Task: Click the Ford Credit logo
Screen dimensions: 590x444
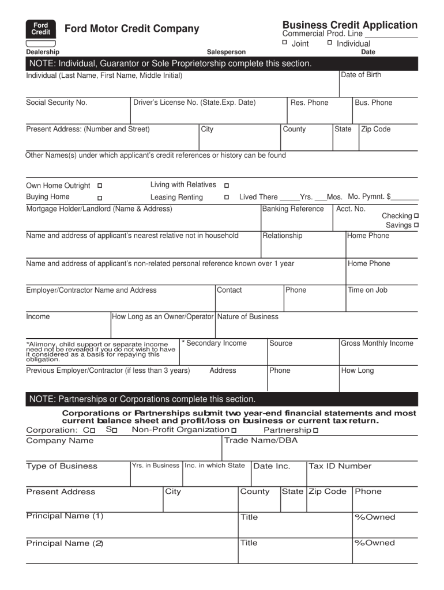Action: point(40,29)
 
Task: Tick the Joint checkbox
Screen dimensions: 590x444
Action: point(284,43)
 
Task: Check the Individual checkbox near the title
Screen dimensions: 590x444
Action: point(329,43)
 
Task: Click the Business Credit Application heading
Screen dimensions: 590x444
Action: point(349,25)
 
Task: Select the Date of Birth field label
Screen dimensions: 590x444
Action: point(361,75)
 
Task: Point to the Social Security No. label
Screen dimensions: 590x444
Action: point(57,103)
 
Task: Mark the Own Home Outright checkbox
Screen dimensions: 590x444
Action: point(100,186)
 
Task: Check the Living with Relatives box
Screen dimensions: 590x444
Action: point(227,186)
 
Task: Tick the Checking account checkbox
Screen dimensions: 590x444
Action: point(416,215)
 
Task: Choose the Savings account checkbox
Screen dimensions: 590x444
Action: point(416,225)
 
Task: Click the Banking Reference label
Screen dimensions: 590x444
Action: point(293,209)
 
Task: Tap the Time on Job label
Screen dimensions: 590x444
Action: point(367,290)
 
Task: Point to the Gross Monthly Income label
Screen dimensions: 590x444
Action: point(377,343)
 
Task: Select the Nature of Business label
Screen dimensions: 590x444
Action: point(247,317)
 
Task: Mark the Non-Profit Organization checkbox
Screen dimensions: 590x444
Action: point(234,430)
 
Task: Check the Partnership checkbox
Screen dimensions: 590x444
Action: point(315,430)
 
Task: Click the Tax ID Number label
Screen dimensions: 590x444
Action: point(340,466)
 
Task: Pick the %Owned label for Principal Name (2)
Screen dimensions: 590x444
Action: point(375,543)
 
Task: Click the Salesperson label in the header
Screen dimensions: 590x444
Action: point(226,52)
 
